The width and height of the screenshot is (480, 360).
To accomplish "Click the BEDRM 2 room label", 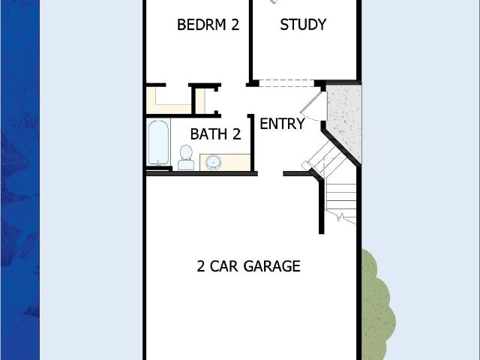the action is click(208, 25).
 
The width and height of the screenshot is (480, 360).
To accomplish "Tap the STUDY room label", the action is click(303, 25).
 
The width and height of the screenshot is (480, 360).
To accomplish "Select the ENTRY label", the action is click(282, 124).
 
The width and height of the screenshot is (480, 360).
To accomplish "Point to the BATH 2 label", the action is click(215, 134).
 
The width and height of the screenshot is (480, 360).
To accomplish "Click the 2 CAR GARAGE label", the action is click(248, 266).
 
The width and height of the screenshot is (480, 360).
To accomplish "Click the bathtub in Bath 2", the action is click(158, 142).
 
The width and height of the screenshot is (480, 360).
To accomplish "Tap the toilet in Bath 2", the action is click(186, 157).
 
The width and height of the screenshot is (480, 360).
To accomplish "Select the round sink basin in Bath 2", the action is click(213, 162).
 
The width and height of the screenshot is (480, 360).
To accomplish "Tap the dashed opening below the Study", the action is click(286, 83).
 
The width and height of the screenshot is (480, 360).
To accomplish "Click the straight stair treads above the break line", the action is click(340, 196).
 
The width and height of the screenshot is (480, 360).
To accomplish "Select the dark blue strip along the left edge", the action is click(20, 180).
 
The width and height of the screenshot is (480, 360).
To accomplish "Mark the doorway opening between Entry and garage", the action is click(270, 173).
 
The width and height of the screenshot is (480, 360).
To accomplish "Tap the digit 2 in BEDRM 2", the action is click(235, 25).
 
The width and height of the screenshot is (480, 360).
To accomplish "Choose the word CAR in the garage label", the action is click(223, 266).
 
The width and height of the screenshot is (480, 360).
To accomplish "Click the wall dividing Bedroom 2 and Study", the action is click(250, 41).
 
